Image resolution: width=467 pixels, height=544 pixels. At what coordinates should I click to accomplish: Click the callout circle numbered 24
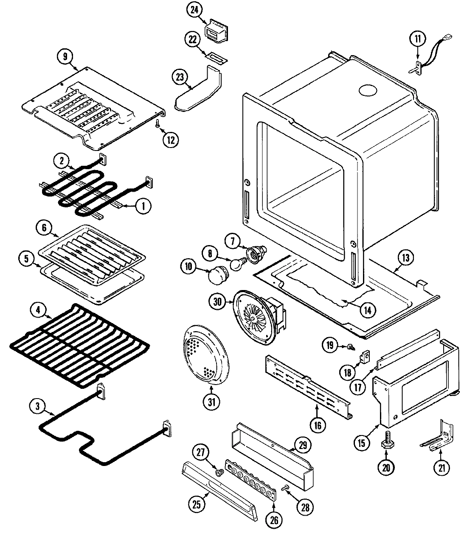(194, 10)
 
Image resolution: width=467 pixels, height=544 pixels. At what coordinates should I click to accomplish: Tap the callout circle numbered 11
(417, 39)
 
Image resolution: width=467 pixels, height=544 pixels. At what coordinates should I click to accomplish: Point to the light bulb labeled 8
(236, 264)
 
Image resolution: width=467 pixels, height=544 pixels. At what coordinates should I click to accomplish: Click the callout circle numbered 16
(318, 424)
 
